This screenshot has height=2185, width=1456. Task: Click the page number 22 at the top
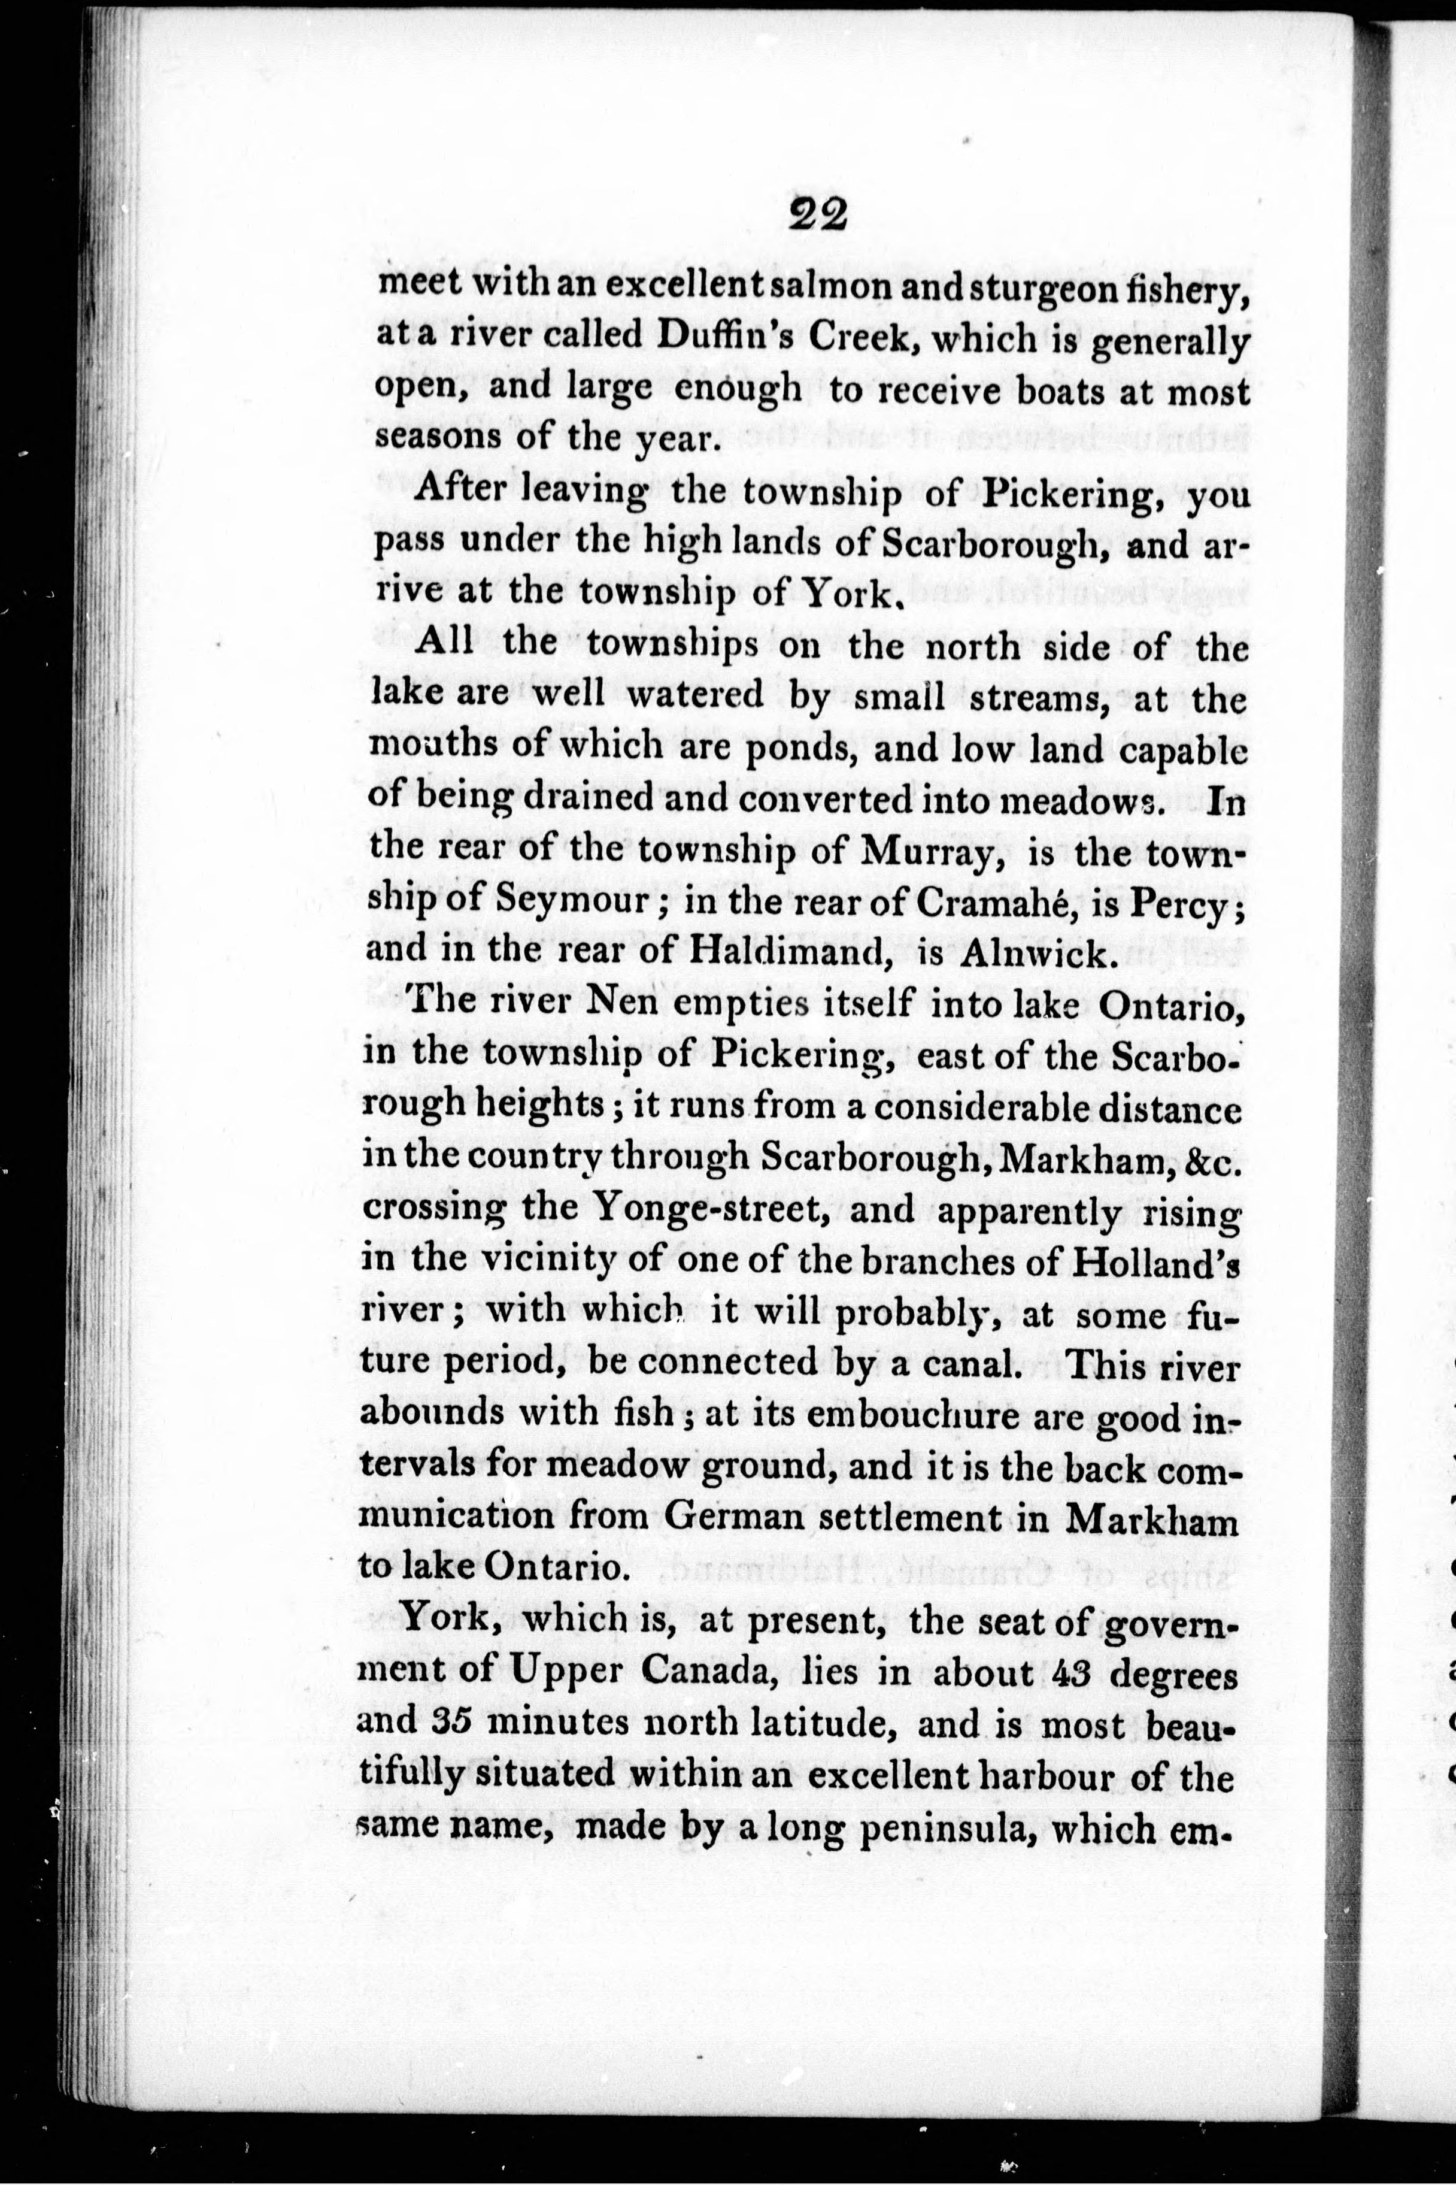coord(818,216)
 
